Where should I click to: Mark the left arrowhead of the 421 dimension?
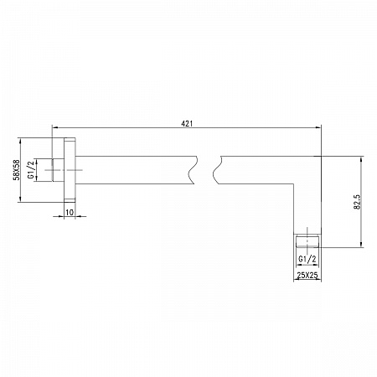point(56,128)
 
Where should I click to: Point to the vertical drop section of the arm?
point(307,205)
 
